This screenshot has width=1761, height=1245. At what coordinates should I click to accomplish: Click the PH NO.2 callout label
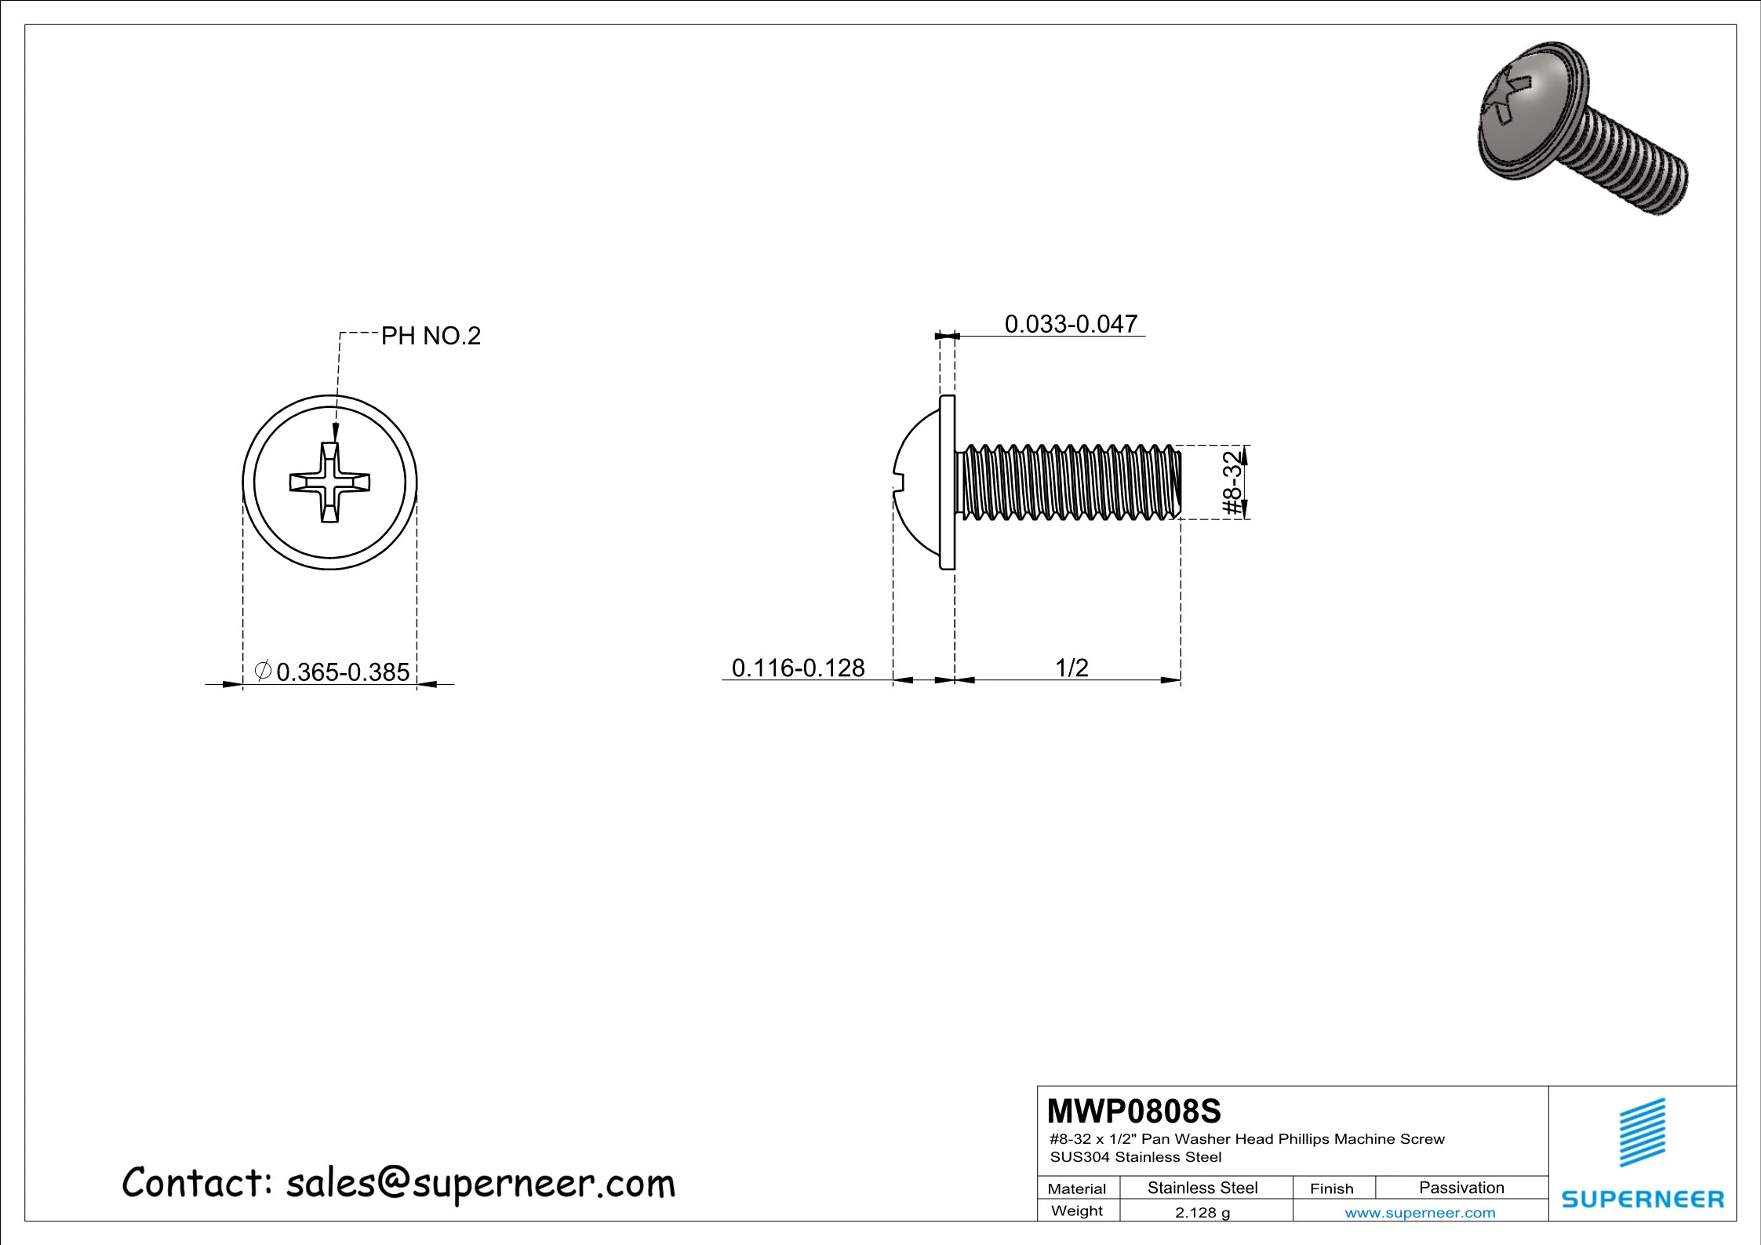click(x=430, y=336)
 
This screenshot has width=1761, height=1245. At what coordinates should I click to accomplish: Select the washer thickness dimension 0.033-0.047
click(x=1071, y=324)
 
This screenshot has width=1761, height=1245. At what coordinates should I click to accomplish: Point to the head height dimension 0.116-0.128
click(x=798, y=668)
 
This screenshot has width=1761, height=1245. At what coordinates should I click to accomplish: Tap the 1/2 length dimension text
click(x=1072, y=668)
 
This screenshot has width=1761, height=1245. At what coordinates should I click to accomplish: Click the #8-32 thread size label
click(x=1233, y=482)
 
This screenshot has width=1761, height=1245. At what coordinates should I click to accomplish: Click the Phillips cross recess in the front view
click(x=329, y=482)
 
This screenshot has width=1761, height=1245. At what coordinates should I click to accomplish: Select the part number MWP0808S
click(x=1134, y=1111)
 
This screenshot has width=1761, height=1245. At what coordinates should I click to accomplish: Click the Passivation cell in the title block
click(x=1461, y=1188)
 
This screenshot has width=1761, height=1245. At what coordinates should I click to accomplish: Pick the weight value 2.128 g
click(x=1203, y=1213)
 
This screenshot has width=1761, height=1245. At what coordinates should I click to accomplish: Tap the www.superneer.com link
click(x=1420, y=1213)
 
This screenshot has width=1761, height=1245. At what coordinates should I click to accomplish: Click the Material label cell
click(x=1077, y=1189)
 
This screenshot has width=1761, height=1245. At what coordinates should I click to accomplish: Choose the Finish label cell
click(x=1332, y=1189)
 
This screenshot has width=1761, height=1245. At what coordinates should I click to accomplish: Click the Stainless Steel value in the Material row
click(x=1203, y=1188)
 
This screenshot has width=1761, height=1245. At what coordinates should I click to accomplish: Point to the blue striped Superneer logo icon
click(x=1643, y=1132)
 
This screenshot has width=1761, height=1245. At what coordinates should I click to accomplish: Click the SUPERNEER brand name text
click(x=1643, y=1199)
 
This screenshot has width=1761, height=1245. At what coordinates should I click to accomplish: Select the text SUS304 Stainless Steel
click(x=1136, y=1157)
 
